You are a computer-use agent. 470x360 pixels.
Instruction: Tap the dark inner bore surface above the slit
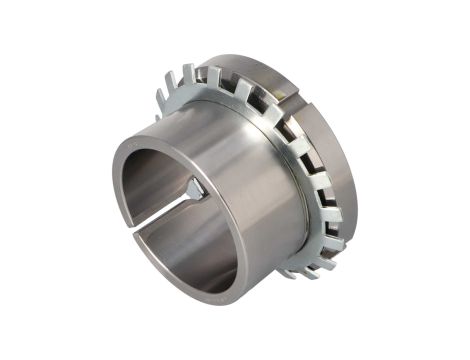[150, 170]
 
